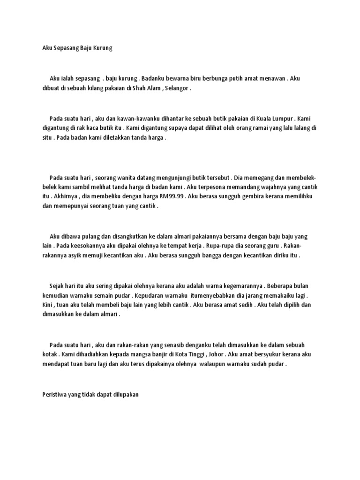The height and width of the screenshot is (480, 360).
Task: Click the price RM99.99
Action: click(173, 197)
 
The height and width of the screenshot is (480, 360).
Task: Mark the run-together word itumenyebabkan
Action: click(212, 296)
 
